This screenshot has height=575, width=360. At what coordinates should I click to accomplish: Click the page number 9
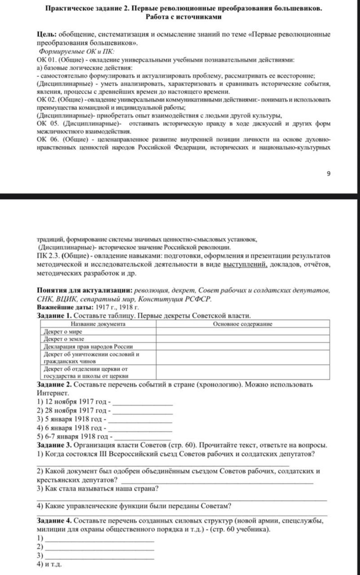click(x=329, y=173)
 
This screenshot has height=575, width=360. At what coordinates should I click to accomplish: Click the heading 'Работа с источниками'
click(x=183, y=17)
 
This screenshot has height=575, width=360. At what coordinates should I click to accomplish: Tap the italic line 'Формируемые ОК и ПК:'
click(x=77, y=51)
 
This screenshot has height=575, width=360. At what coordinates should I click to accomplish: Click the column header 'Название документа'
click(x=98, y=324)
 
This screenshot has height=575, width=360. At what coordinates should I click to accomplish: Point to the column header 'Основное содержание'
click(x=242, y=324)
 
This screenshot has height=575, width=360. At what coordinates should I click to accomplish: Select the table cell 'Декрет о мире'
click(x=63, y=332)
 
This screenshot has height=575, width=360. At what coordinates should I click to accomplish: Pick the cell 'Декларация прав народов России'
click(x=88, y=346)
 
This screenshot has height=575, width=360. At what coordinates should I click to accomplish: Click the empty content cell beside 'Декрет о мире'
click(x=242, y=332)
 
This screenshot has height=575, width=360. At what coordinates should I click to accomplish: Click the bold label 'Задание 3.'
click(x=55, y=445)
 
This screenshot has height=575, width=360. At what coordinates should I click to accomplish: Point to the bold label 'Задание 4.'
click(x=55, y=521)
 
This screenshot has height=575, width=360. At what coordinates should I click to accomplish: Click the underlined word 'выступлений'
click(x=245, y=265)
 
